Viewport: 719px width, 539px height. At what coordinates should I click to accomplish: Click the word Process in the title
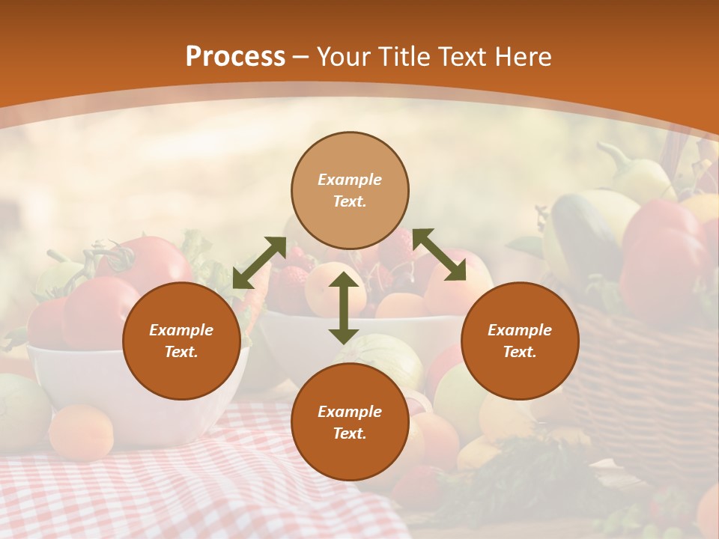(x=235, y=57)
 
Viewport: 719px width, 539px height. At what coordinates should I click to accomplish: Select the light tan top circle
(x=350, y=191)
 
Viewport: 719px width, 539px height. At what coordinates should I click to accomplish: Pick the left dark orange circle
(x=181, y=341)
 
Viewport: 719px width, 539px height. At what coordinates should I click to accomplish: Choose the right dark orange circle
(x=520, y=341)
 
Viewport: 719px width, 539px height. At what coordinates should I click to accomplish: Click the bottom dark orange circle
(x=350, y=422)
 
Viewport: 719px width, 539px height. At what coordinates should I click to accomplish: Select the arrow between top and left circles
(x=259, y=263)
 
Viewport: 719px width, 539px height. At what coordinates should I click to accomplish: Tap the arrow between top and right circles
(x=440, y=255)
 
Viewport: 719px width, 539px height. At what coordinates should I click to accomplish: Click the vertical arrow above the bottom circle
(x=344, y=308)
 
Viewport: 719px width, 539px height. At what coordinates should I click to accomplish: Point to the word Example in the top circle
(x=350, y=180)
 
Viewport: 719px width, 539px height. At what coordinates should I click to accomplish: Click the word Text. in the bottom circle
(x=350, y=433)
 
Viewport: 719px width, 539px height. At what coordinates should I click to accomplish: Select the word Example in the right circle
(x=520, y=330)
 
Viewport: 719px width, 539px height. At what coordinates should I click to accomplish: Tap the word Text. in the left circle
(x=181, y=352)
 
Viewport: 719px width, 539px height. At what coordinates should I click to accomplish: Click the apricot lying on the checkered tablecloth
(x=81, y=433)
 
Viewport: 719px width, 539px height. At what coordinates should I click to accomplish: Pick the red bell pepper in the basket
(x=663, y=255)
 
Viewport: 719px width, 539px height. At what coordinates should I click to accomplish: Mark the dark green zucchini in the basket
(x=584, y=232)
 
